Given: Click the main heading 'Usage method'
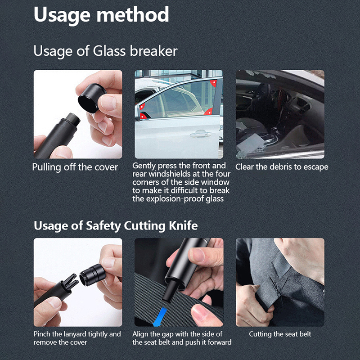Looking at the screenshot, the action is pyautogui.click(x=101, y=15).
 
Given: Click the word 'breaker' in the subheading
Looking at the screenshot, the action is pyautogui.click(x=153, y=51).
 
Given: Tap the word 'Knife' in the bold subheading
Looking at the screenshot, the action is pyautogui.click(x=183, y=225).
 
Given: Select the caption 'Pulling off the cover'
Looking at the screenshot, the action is pyautogui.click(x=75, y=167).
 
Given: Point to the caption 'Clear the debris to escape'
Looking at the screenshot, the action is pyautogui.click(x=282, y=166).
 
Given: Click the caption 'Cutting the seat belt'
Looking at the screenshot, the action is pyautogui.click(x=280, y=334).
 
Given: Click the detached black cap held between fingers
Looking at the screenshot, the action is pyautogui.click(x=92, y=98).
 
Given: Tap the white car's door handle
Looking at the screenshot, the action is pyautogui.click(x=200, y=134).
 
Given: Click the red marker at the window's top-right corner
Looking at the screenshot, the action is pyautogui.click(x=213, y=83).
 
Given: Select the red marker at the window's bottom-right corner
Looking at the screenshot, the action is pyautogui.click(x=208, y=112).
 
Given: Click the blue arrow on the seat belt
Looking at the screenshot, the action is pyautogui.click(x=160, y=316).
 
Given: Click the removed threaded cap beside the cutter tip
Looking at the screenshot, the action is pyautogui.click(x=92, y=275).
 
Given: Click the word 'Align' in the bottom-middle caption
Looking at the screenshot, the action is pyautogui.click(x=140, y=334).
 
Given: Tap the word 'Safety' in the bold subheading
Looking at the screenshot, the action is pyautogui.click(x=103, y=226).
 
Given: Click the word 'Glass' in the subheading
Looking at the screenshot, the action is pyautogui.click(x=109, y=51).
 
